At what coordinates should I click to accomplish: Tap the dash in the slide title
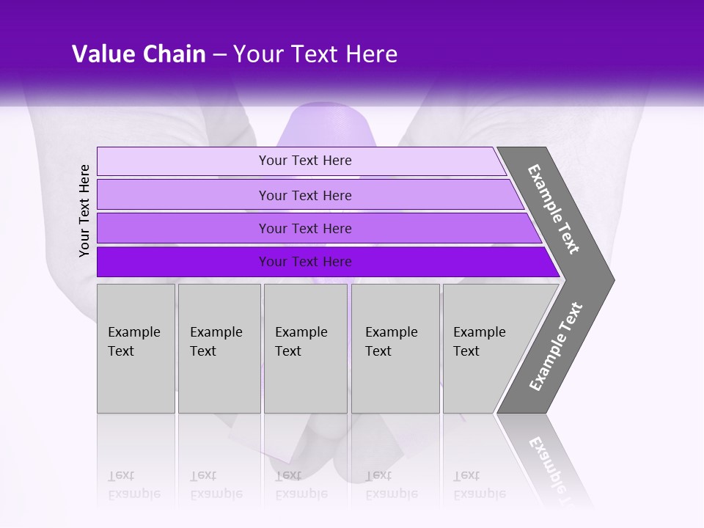[x=219, y=55]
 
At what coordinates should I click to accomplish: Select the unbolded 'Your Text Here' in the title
[x=315, y=54]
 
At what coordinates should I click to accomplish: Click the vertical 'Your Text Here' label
[x=84, y=210]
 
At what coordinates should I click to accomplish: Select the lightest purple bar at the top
[x=304, y=161]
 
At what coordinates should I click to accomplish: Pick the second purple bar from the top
[x=304, y=195]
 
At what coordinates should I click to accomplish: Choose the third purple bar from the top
[x=304, y=228]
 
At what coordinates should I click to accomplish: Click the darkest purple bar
[x=304, y=262]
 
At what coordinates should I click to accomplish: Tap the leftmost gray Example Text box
[x=136, y=348]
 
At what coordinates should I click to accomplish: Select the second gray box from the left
[x=219, y=348]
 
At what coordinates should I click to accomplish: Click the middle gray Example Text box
[x=305, y=348]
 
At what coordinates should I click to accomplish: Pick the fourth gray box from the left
[x=395, y=348]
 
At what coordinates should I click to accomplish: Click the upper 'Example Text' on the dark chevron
[x=554, y=209]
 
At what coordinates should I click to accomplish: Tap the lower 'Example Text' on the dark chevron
[x=555, y=346]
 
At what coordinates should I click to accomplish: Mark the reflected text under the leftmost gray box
[x=133, y=485]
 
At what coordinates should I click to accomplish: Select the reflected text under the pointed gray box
[x=479, y=485]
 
